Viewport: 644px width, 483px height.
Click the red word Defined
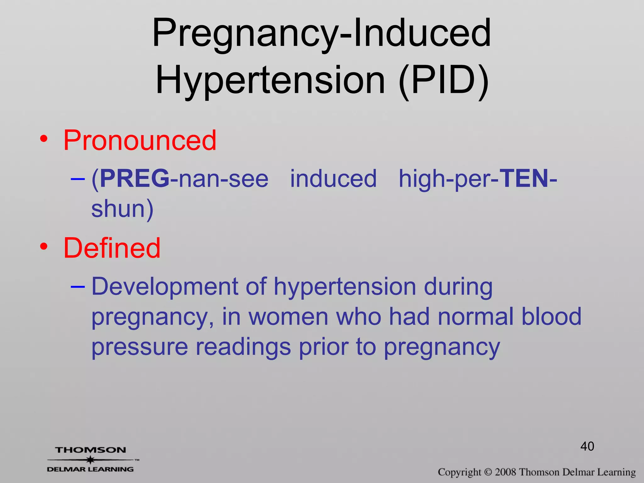pos(112,248)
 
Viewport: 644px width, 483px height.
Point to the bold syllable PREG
pos(135,178)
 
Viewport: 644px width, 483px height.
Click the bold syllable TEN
pos(524,178)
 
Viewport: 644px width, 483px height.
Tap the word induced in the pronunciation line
pos(333,178)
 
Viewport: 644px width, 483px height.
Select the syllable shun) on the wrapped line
pos(122,208)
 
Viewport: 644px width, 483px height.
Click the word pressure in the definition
pos(140,347)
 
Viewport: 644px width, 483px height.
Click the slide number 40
pos(587,446)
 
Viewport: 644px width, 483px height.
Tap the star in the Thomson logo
pos(90,460)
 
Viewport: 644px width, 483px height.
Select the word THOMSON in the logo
pos(91,450)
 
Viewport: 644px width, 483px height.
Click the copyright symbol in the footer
pos(488,472)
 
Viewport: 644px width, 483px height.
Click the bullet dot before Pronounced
pos(44,139)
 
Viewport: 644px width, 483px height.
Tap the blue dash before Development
pos(78,286)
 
